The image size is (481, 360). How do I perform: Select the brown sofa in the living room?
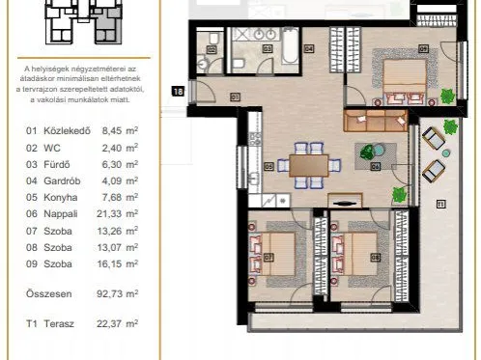pyautogui.click(x=376, y=121)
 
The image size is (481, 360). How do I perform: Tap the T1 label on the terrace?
pyautogui.click(x=441, y=205)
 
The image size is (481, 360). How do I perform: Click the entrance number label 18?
pyautogui.click(x=177, y=92)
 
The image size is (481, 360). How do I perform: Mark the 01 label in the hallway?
pyautogui.click(x=235, y=96)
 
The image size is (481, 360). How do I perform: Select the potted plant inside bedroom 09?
pyautogui.click(x=446, y=96)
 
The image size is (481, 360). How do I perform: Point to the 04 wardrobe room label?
pyautogui.click(x=308, y=47)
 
